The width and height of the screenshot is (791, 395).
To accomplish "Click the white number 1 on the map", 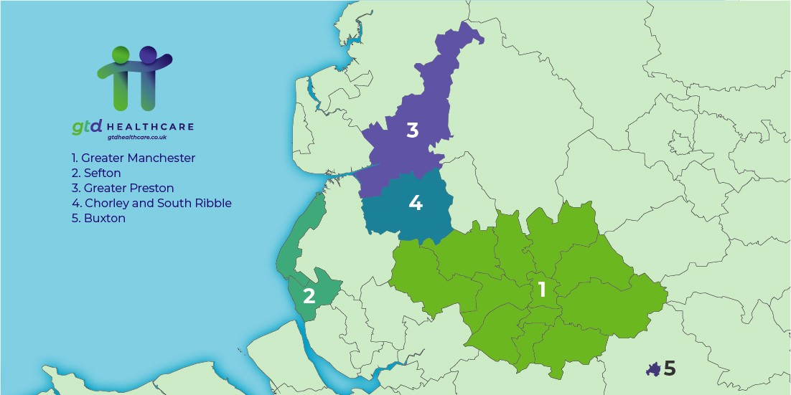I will (x=542, y=290).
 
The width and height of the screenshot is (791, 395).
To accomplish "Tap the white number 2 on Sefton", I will (x=309, y=295).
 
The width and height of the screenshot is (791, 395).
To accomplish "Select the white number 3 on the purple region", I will (x=412, y=130).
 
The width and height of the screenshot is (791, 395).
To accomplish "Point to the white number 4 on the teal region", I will (x=415, y=203).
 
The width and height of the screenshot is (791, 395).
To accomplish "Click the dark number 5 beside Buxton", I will (x=670, y=368).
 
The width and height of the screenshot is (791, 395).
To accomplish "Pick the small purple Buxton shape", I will (x=653, y=369).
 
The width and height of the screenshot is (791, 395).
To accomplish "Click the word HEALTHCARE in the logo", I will (x=151, y=127).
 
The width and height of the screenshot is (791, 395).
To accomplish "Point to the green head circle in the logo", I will (x=121, y=54).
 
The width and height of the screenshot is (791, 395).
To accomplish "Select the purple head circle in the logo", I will (x=148, y=54).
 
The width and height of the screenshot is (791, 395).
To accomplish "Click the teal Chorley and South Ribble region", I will (x=402, y=215).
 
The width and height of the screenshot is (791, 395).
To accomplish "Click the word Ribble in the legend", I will (x=212, y=203).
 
